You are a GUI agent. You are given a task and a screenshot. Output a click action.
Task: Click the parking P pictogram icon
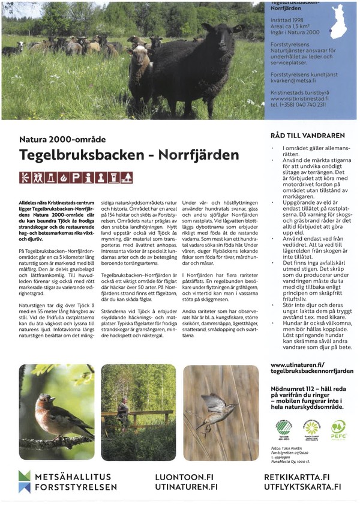pyautogui.click(x=76, y=177)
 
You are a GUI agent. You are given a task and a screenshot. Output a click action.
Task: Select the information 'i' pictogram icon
pyautogui.click(x=88, y=177)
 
